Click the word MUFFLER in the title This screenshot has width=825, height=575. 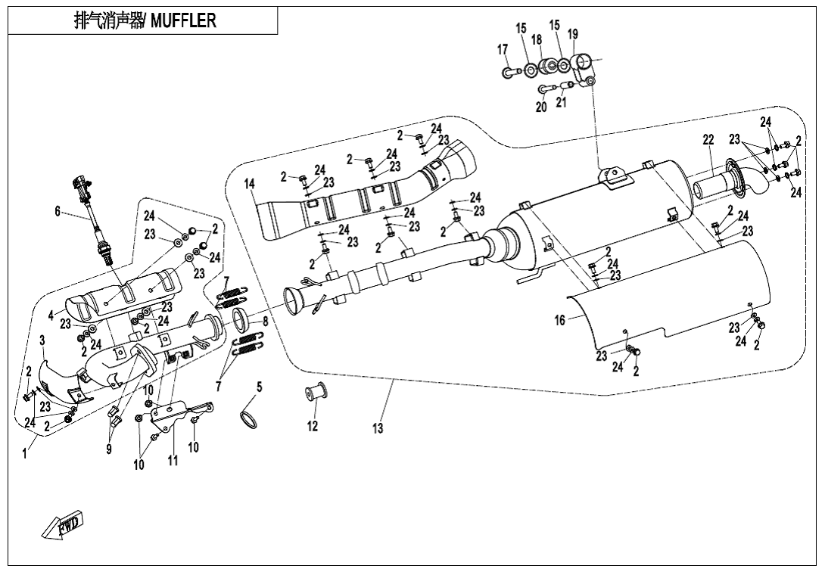click(x=184, y=20)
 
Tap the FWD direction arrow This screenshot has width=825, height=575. click(x=63, y=524)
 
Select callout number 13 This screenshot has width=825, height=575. click(x=378, y=429)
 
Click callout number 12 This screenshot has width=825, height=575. click(x=313, y=427)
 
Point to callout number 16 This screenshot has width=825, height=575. click(x=559, y=321)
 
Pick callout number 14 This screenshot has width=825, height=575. click(x=250, y=184)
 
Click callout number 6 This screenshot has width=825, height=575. click(x=58, y=212)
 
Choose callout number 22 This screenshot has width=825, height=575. click(x=708, y=140)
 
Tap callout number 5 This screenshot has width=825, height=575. click(x=259, y=387)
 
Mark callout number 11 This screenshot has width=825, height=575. click(x=173, y=461)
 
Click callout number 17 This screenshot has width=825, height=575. click(x=503, y=49)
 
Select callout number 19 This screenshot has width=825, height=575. click(x=573, y=34)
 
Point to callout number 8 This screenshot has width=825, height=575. click(x=266, y=321)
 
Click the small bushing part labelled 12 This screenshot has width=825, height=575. click(x=313, y=394)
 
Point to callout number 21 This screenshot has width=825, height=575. click(x=561, y=103)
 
